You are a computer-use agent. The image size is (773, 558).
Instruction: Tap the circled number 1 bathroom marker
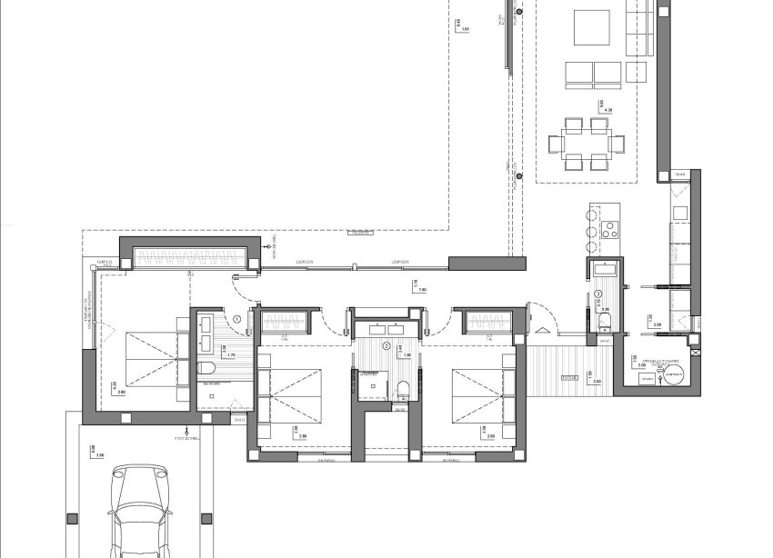[237, 318]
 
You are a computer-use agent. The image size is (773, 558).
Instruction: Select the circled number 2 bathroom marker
[386, 346]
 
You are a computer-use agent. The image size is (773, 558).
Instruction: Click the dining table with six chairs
[587, 143]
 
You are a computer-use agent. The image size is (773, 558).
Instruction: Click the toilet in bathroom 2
[403, 388]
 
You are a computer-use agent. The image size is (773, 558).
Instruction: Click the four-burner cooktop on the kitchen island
[610, 227]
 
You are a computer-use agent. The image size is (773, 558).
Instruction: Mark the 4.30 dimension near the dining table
[598, 110]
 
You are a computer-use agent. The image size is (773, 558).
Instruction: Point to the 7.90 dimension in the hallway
[421, 291]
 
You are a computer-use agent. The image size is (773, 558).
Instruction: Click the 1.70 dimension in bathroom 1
[230, 354]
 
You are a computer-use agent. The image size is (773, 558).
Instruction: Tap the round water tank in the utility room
[674, 380]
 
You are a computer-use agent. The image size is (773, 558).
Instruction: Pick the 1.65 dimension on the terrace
[466, 30]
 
